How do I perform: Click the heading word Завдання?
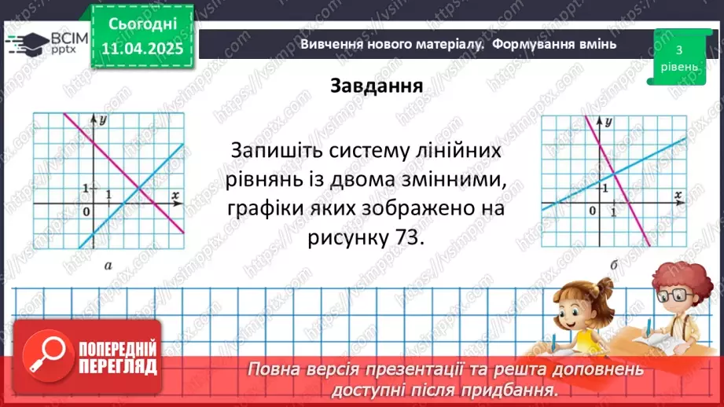coord(377,85)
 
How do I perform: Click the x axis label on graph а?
coord(175,193)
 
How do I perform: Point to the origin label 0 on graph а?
coord(87,212)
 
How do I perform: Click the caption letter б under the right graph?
coord(612,266)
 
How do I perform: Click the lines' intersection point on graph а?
coord(138,189)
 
